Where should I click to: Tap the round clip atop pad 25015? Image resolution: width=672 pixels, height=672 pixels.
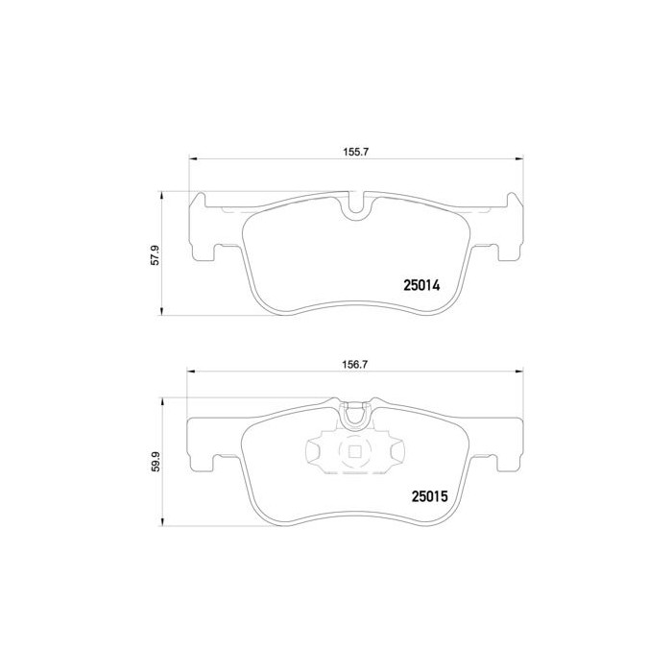point(355,416)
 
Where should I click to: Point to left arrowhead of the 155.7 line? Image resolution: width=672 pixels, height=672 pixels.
point(191,159)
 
